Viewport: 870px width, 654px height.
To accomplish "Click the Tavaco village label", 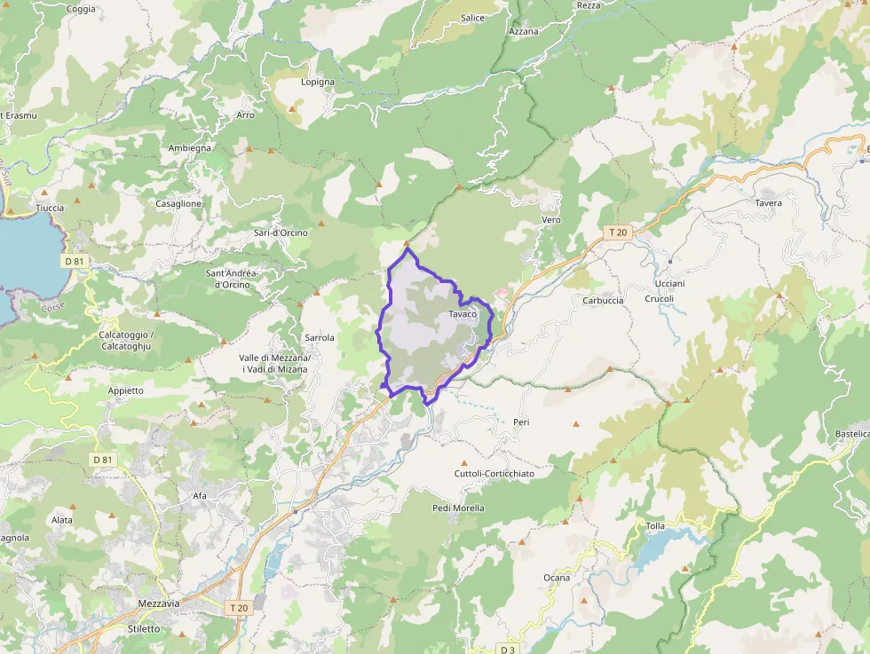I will point(463,314).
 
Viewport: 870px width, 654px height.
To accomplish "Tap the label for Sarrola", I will point(320,338).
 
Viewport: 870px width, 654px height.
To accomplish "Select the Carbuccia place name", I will point(603,300).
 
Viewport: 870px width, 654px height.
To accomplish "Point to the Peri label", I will point(521,422).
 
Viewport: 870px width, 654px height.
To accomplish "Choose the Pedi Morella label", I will point(458,508).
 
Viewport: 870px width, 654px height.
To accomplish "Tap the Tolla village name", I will point(655,526).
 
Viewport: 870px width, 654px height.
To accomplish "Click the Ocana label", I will point(557,578).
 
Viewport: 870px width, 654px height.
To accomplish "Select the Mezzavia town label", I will point(159,603).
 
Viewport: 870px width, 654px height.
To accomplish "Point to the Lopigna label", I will point(318,82).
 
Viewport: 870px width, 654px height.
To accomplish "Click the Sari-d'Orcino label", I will point(281,232).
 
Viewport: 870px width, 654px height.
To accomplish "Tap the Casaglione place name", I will point(178,203).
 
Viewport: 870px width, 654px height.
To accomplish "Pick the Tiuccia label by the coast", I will point(50,208).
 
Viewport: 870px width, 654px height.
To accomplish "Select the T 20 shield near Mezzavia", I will point(237,608).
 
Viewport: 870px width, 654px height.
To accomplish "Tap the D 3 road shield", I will point(507,648).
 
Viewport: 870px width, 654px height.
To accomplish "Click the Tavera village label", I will point(769,203).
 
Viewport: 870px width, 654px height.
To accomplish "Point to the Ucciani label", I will point(669,283).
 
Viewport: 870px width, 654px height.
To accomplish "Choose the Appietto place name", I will point(125,390).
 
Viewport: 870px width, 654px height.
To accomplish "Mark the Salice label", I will point(473,18).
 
